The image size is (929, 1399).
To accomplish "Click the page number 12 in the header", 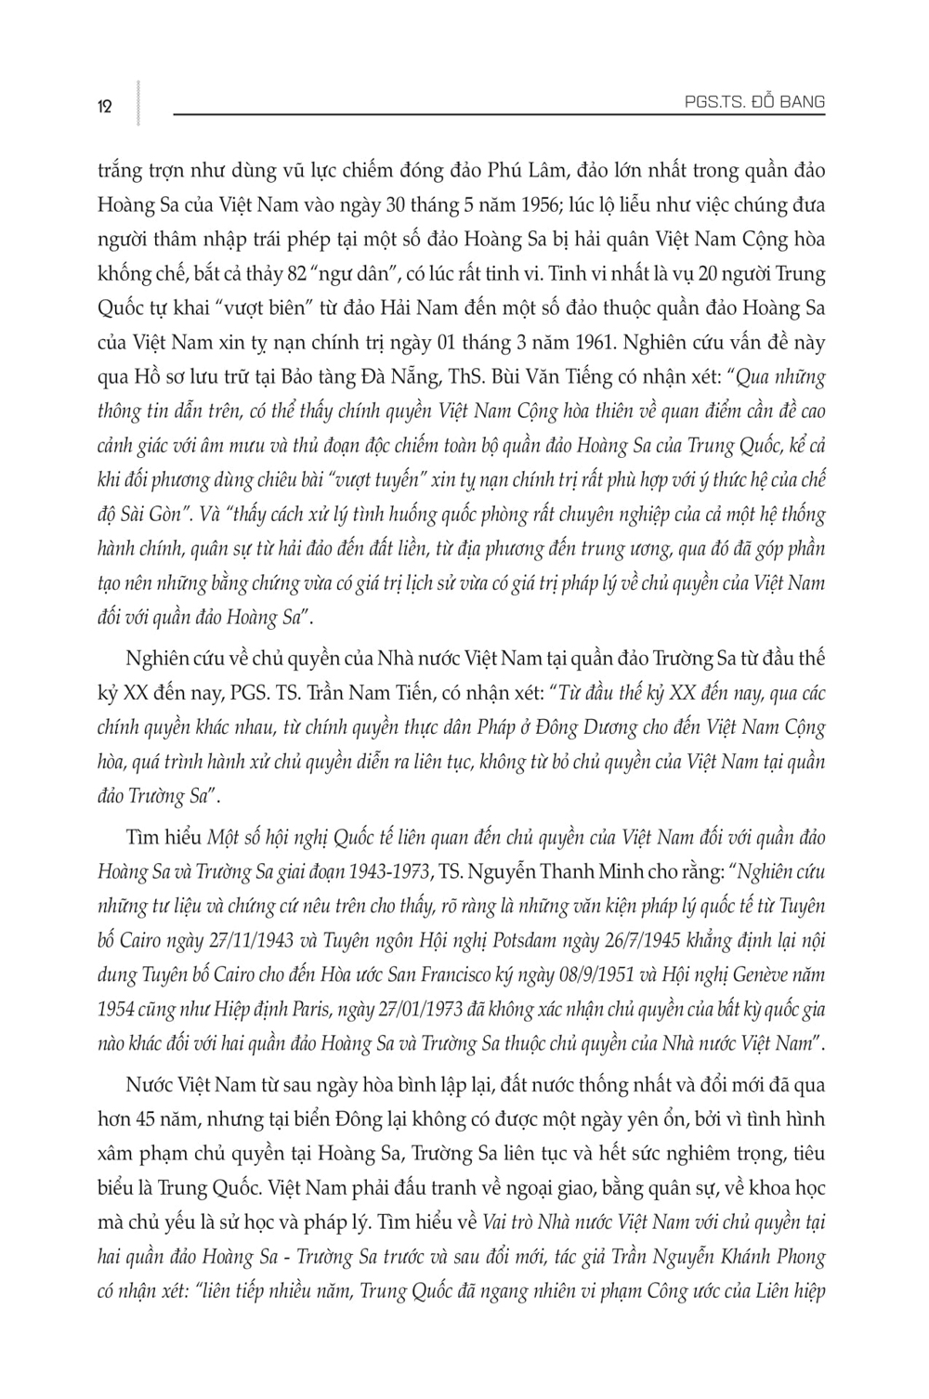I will [x=104, y=106].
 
